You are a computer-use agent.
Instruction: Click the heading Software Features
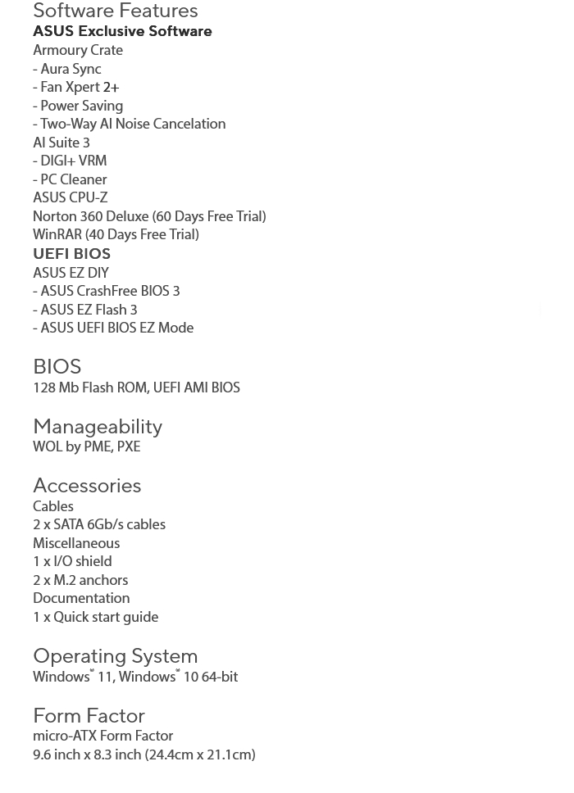click(115, 11)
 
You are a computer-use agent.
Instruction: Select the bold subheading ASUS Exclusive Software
click(122, 31)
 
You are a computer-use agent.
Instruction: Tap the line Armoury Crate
click(78, 50)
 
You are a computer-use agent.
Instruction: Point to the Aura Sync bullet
click(67, 69)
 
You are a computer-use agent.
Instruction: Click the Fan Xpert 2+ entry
click(76, 87)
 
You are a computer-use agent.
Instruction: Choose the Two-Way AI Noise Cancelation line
click(130, 124)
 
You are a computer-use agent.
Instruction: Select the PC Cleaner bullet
click(70, 179)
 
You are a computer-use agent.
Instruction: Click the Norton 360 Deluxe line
click(149, 216)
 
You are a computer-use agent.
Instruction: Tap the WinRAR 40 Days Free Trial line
click(116, 234)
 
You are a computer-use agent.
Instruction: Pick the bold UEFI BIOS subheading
click(71, 254)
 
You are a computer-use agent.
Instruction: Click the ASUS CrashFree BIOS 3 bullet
click(107, 291)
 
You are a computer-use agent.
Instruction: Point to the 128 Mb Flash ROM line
click(136, 387)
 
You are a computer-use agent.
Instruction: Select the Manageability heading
click(98, 426)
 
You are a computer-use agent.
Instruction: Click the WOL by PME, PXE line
click(86, 446)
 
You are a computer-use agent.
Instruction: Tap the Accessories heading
click(87, 485)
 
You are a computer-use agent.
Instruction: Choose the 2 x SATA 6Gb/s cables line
click(99, 524)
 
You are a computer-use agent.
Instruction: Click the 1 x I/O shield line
click(72, 561)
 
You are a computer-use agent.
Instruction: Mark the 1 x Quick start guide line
click(95, 617)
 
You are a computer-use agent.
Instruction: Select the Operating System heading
click(115, 655)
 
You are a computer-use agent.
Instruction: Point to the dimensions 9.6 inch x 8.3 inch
click(143, 754)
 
